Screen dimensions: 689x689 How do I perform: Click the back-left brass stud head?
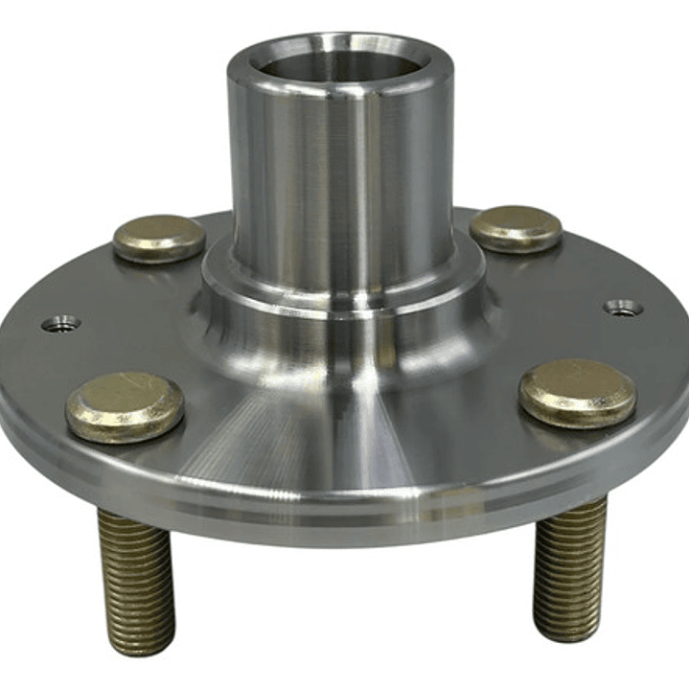159,238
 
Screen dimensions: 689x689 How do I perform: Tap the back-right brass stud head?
516,228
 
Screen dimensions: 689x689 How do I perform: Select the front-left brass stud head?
125,405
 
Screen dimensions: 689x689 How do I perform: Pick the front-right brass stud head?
577,392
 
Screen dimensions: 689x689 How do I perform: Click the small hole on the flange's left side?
61,324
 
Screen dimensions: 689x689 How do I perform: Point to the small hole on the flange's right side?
623,308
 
